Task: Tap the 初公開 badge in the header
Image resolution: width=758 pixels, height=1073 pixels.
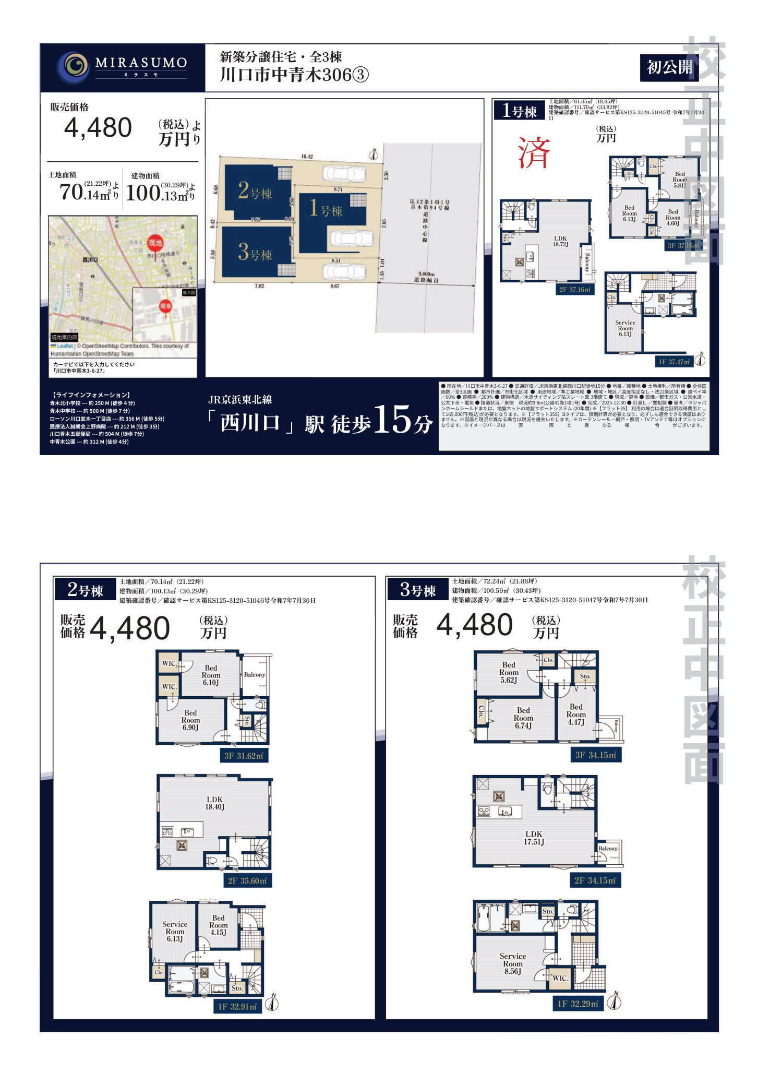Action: click(669, 68)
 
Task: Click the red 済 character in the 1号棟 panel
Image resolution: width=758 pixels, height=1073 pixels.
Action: click(534, 153)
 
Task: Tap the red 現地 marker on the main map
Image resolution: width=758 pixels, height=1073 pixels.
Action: click(155, 243)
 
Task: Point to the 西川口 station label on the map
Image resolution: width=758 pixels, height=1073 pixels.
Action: click(90, 259)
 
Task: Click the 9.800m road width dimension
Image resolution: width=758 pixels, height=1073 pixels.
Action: click(426, 275)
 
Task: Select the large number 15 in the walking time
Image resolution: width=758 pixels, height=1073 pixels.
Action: click(392, 421)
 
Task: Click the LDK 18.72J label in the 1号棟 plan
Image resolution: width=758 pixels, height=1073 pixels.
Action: click(560, 241)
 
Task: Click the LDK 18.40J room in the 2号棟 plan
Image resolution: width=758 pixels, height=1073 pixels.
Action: click(214, 803)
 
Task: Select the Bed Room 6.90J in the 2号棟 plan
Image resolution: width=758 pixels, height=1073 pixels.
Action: click(190, 720)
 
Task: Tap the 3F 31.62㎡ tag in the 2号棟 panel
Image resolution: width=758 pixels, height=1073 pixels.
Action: click(244, 756)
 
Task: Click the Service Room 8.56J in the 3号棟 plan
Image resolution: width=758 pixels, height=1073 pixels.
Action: click(512, 963)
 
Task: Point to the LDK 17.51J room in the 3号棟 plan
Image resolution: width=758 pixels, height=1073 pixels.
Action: click(534, 838)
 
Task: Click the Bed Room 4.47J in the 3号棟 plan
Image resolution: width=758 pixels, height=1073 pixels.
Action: click(576, 714)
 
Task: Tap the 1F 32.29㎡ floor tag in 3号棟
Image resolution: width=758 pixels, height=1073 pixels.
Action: click(577, 1004)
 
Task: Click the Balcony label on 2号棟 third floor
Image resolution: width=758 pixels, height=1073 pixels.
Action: click(255, 675)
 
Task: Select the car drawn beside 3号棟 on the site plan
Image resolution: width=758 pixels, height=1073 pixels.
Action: click(343, 271)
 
